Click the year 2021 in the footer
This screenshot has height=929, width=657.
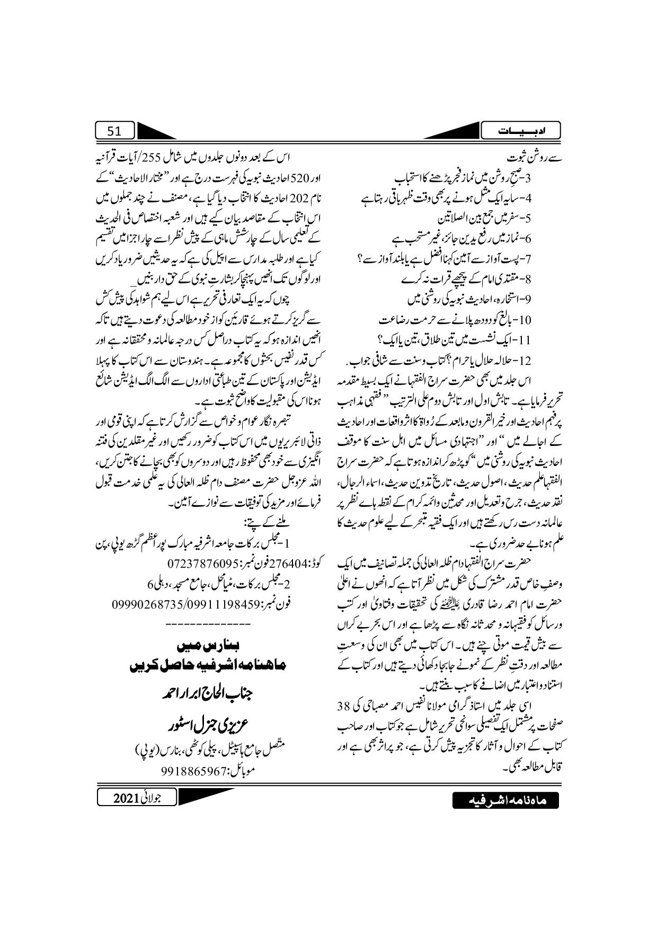click(127, 798)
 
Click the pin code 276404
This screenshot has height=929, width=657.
click(291, 561)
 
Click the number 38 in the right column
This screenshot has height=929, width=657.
click(344, 705)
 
